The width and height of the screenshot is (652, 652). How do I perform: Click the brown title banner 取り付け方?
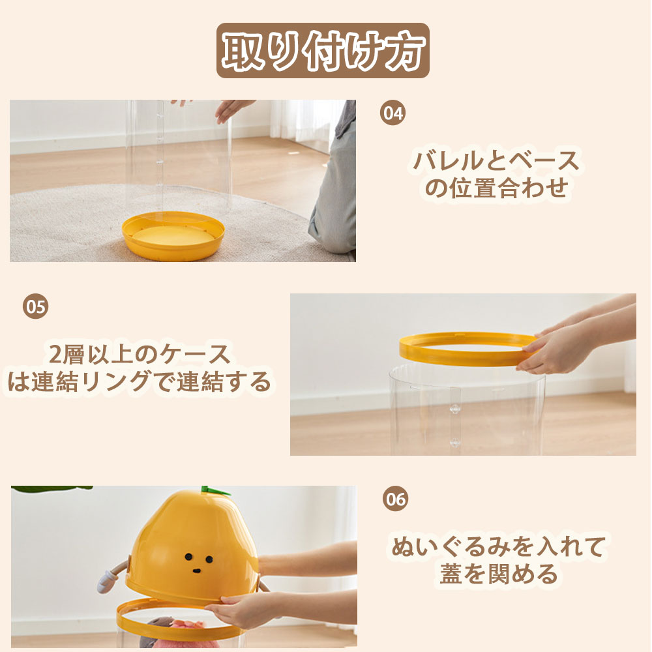pyautogui.click(x=323, y=50)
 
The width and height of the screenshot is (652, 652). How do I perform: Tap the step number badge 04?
pyautogui.click(x=393, y=112)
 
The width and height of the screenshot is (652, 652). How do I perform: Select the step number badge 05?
pyautogui.click(x=35, y=306)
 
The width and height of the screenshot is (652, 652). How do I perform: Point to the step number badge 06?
pyautogui.click(x=395, y=498)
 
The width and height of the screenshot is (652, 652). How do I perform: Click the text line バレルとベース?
pyautogui.click(x=496, y=161)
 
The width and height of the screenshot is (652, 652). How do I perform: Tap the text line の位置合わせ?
pyautogui.click(x=496, y=188)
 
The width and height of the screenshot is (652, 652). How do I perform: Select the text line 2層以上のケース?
pyautogui.click(x=140, y=354)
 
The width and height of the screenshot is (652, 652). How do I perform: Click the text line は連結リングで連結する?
pyautogui.click(x=140, y=381)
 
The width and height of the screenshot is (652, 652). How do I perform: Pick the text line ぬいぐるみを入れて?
pyautogui.click(x=499, y=546)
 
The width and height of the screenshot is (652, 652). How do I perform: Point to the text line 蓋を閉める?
pyautogui.click(x=499, y=574)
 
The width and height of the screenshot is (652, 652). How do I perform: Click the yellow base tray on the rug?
pyautogui.click(x=173, y=235)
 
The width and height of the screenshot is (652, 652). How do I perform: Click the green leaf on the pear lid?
pyautogui.click(x=215, y=491)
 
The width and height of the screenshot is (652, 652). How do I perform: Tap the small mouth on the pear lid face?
pyautogui.click(x=197, y=570)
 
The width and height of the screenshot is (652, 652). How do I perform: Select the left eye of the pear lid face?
pyautogui.click(x=189, y=556)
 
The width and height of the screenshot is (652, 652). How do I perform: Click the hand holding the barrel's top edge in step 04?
pyautogui.click(x=233, y=109)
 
